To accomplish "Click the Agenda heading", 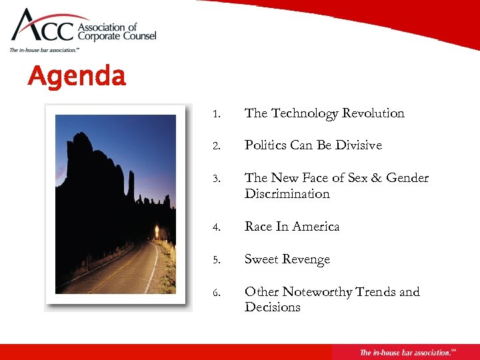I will click(x=76, y=76).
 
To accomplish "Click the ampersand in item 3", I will click(x=375, y=178).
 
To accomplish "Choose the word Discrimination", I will click(x=287, y=194).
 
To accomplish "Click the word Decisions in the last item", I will click(x=272, y=307).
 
